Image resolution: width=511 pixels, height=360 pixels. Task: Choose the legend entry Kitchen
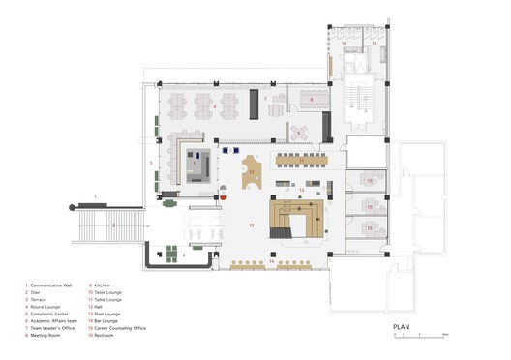[104, 285]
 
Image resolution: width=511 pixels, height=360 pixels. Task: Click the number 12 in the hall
[251, 225]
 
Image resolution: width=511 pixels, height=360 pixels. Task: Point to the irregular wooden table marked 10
[251, 171]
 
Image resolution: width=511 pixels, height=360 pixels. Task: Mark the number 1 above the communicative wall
[94, 196]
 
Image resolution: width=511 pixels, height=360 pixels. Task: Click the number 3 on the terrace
[150, 163]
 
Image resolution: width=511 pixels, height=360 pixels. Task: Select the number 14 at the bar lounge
[272, 262]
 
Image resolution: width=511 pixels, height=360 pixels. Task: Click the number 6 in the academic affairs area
[201, 107]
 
